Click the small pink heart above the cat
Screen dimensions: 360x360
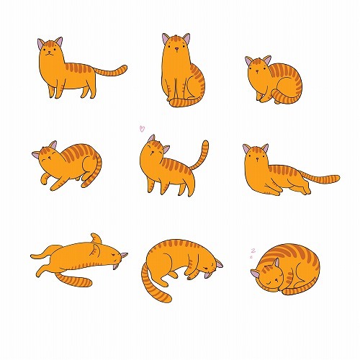coord(142,129)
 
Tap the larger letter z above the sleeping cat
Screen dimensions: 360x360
coord(253,250)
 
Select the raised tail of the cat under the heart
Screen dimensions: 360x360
coord(203,155)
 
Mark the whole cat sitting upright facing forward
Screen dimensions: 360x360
coord(180,72)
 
